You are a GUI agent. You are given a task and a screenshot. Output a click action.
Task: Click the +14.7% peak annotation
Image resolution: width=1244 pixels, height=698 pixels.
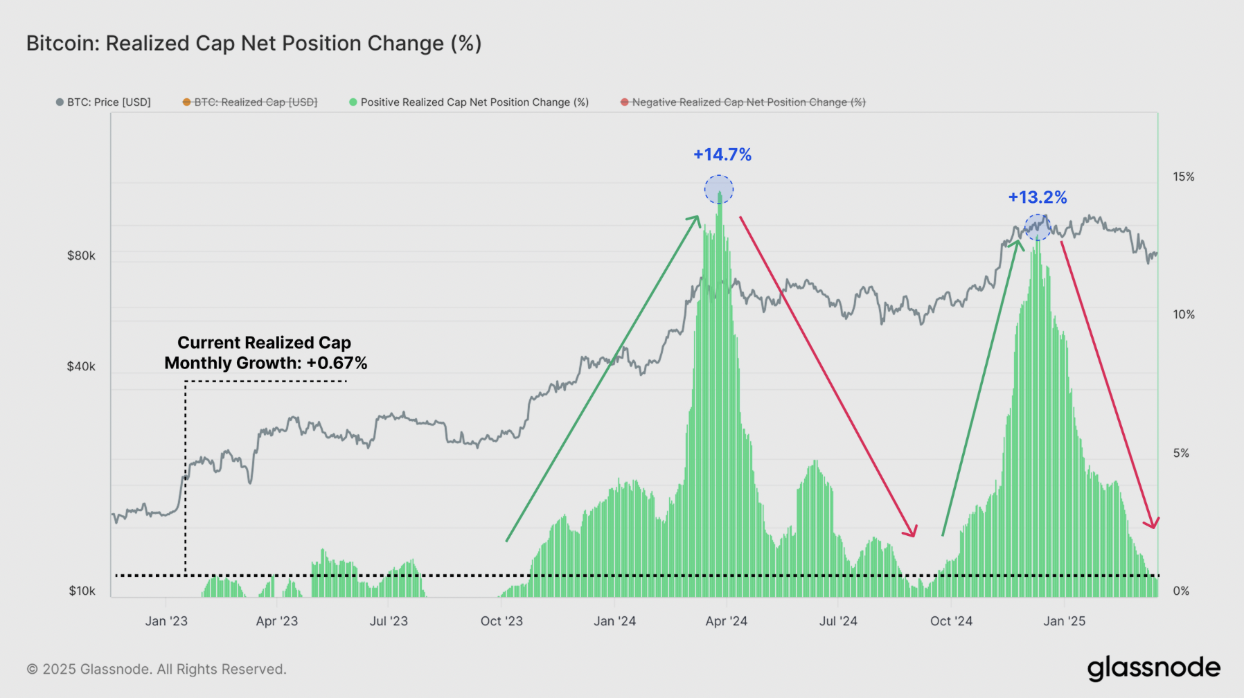[722, 154]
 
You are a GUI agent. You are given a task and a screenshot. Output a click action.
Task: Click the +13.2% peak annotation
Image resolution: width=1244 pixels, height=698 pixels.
[1037, 197]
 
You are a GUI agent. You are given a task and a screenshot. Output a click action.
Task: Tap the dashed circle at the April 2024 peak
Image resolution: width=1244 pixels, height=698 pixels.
[719, 189]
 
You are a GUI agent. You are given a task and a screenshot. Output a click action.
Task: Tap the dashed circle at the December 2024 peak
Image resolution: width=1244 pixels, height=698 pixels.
[1038, 227]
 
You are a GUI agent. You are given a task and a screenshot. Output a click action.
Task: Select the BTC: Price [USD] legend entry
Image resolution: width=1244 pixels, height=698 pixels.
[104, 102]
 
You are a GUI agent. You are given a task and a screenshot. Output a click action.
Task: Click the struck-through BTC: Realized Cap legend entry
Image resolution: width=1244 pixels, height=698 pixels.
[250, 102]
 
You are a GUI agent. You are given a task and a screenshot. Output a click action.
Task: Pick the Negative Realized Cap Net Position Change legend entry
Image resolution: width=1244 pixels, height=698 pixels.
[743, 102]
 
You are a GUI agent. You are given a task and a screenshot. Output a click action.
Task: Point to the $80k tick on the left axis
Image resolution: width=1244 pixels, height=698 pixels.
[81, 256]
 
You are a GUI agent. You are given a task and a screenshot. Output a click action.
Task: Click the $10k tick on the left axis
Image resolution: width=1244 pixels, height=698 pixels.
[82, 591]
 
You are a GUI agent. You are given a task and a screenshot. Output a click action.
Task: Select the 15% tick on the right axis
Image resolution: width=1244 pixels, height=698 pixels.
[1183, 177]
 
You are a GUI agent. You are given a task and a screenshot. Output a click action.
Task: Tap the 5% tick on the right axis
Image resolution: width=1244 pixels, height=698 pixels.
[1181, 453]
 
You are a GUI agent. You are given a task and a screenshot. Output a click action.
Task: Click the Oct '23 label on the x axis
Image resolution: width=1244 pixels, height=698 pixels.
[501, 621]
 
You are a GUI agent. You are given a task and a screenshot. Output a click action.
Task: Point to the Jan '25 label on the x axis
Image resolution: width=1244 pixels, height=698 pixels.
[1064, 621]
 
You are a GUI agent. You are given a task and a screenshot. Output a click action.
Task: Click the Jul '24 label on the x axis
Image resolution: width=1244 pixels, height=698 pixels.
[838, 621]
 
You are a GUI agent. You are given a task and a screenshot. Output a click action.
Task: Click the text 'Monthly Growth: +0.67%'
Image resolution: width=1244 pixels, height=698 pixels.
[265, 363]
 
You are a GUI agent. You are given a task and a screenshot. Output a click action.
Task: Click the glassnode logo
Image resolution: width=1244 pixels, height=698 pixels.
[1153, 668]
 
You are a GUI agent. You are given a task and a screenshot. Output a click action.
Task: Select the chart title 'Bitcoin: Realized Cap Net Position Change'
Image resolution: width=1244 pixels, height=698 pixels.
[254, 44]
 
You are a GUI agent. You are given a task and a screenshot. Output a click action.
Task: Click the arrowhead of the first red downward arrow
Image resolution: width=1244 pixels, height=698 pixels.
[912, 532]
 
